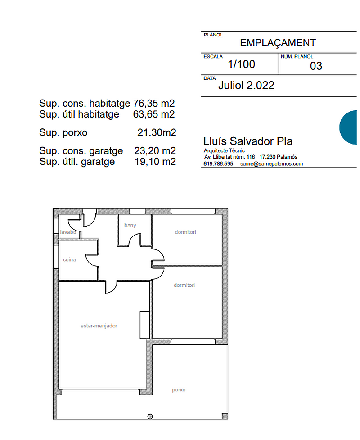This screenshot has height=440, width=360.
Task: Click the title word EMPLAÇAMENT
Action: click(278, 43)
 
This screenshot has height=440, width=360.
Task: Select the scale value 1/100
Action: click(241, 64)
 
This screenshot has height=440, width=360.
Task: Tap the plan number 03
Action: click(316, 66)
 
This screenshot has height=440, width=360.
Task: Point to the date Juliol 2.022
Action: click(246, 85)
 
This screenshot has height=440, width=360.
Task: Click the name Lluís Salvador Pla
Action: click(248, 141)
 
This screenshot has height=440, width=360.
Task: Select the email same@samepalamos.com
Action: click(271, 164)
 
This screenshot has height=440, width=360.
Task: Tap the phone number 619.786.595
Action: click(218, 164)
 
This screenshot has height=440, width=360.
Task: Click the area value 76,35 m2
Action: click(154, 104)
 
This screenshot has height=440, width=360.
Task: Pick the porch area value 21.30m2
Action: click(157, 132)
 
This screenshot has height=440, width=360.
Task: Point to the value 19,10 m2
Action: click(155, 162)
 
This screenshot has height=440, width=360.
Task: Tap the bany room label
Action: click(130, 225)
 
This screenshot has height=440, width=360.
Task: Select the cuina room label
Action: click(70, 259)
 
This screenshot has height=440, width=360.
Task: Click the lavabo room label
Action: click(68, 232)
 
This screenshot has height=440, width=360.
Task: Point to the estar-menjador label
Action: click(99, 326)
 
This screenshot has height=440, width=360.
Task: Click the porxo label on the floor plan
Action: click(179, 390)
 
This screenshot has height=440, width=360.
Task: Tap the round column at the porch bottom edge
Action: click(150, 417)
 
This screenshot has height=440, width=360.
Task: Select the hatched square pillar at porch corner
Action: click(225, 416)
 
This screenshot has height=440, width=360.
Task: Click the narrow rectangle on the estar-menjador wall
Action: click(144, 325)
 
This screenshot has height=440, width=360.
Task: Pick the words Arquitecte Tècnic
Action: click(224, 151)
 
